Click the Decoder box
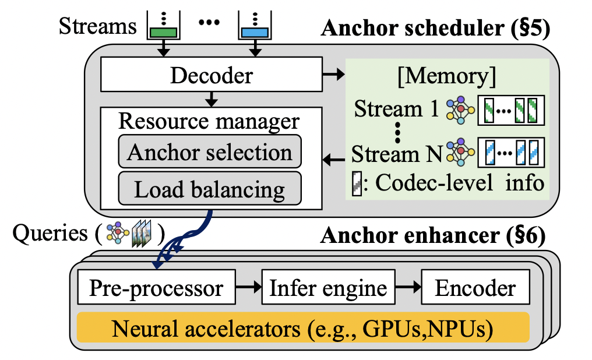point(210,75)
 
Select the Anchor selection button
point(209,153)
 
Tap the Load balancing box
point(209,189)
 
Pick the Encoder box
point(477,288)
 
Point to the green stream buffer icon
point(164,26)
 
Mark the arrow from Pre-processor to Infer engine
point(248,288)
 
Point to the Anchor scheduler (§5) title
point(435,28)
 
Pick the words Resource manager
point(209,121)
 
